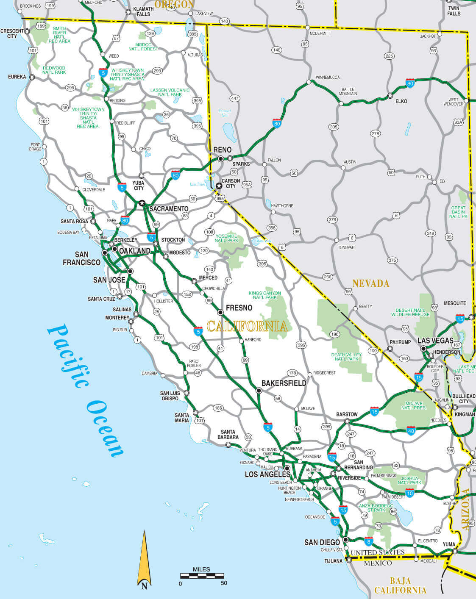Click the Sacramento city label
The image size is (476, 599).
(169, 209)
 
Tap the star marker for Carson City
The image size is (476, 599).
(219, 186)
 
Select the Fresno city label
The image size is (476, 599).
(239, 308)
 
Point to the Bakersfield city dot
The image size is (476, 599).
(259, 391)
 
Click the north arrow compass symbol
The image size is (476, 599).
(144, 559)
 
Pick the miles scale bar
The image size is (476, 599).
(202, 576)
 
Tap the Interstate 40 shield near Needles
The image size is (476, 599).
(410, 430)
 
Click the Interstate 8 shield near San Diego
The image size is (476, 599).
(369, 541)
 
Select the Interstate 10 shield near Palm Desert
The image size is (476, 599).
(409, 493)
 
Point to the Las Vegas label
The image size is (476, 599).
(435, 341)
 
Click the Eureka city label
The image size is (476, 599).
(17, 77)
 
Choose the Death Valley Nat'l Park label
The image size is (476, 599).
(347, 357)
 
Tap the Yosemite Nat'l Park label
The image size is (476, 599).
(227, 238)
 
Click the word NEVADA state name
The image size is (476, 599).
(371, 283)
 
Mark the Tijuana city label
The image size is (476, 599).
(334, 561)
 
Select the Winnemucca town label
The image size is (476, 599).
(328, 78)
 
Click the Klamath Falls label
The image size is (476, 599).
(143, 11)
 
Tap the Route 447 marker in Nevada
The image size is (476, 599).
(235, 98)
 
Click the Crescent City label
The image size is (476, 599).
(12, 33)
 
